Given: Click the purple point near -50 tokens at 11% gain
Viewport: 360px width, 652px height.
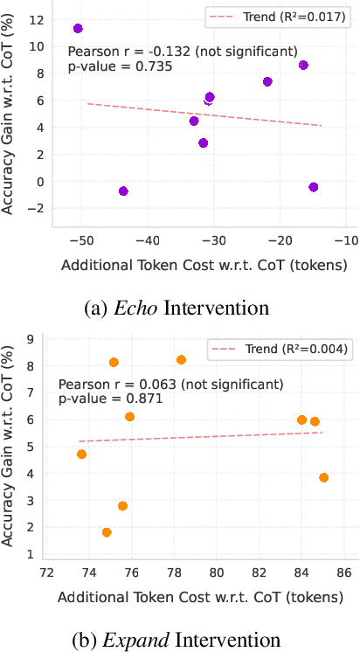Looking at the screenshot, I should coord(78,29).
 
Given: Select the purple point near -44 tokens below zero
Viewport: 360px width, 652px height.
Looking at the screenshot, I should coord(123,191).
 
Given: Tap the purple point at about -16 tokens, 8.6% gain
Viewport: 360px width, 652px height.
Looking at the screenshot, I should coord(303,66).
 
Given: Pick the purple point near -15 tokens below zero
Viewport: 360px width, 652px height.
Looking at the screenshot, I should coord(314,187).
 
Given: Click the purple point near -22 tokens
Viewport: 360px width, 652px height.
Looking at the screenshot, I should coord(267,81).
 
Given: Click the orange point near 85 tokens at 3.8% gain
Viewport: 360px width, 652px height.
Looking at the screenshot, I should coord(324,478).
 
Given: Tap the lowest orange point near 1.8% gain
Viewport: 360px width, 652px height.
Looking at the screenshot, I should coord(107,532).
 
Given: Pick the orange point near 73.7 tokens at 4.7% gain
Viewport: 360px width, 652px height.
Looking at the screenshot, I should coord(82,454).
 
